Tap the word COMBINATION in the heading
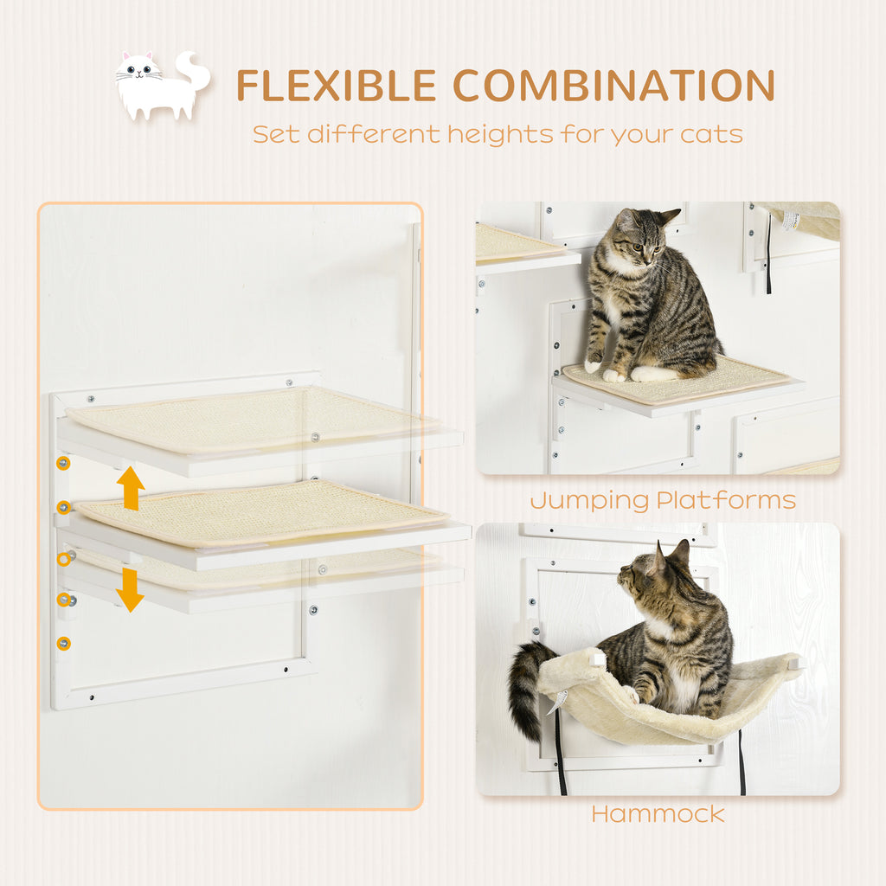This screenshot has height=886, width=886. (613, 86)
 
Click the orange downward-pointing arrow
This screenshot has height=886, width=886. (131, 589)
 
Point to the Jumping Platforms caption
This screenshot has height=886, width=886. (663, 500)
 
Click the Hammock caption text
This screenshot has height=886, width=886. (658, 813)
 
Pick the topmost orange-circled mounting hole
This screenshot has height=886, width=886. (63, 463)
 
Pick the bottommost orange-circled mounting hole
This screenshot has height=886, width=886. (63, 643)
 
